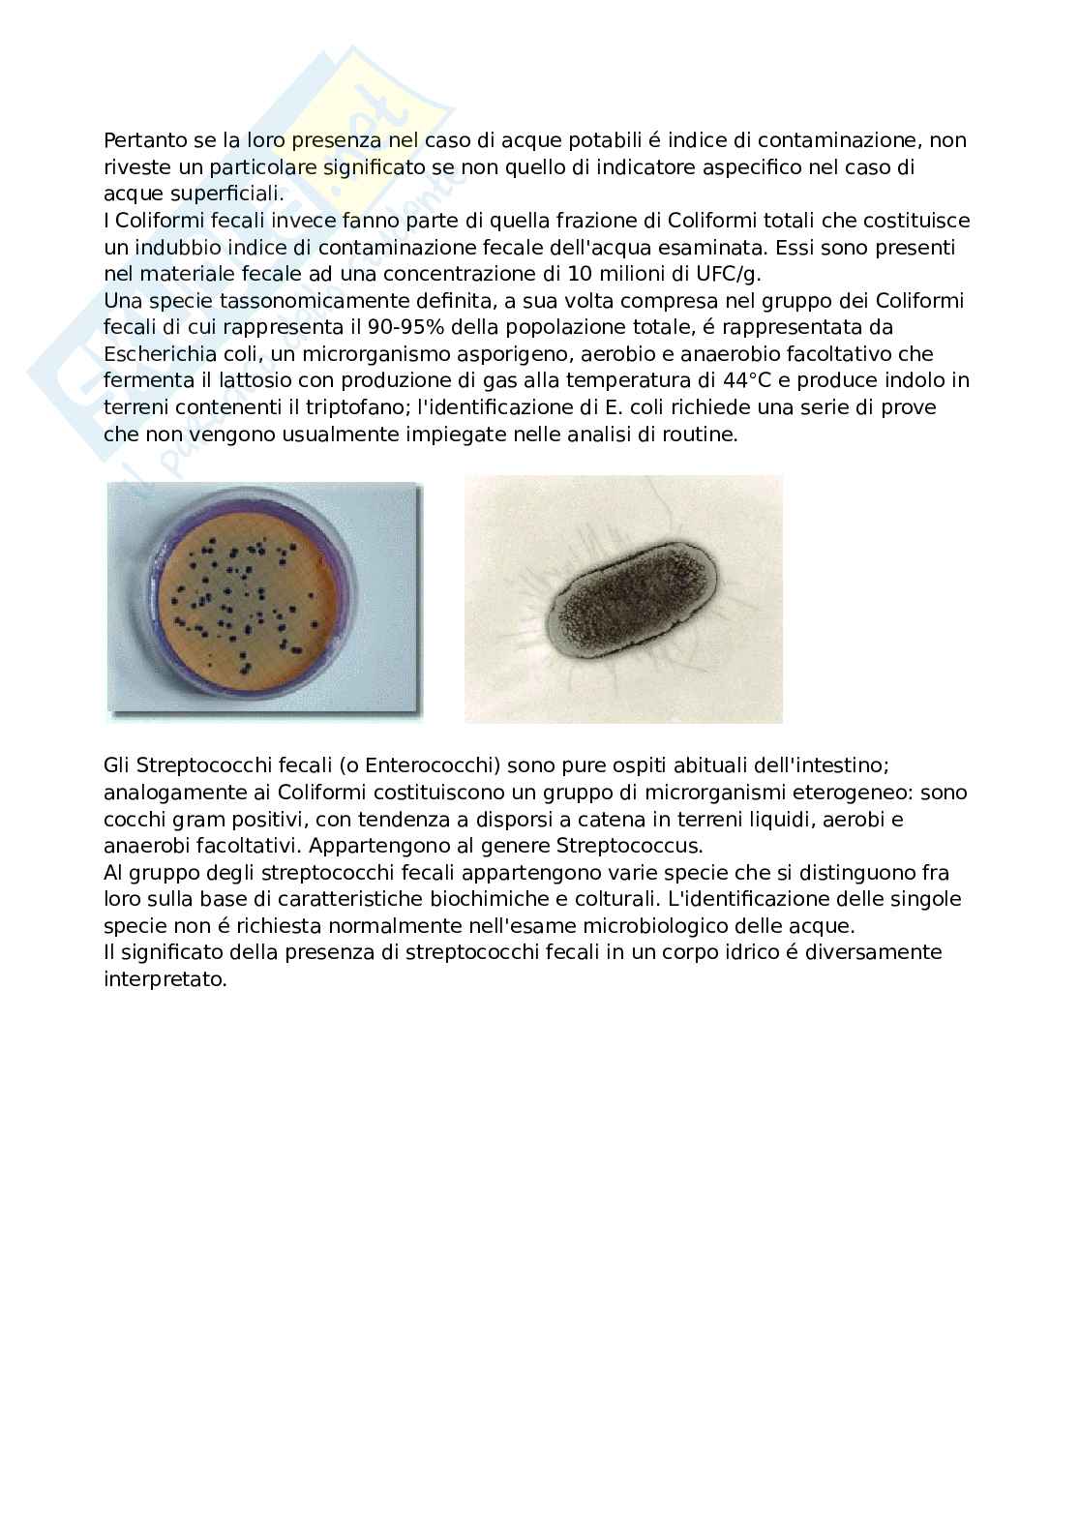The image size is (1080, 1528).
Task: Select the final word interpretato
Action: [164, 979]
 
